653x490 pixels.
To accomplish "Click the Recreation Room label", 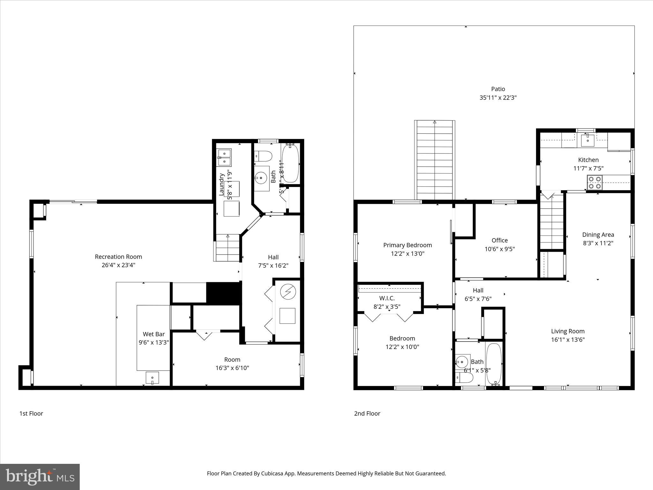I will (x=118, y=256).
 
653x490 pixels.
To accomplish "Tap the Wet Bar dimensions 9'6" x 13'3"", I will (x=154, y=343).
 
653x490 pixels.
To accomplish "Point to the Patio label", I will (x=498, y=89).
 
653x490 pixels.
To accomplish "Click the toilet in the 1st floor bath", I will (x=264, y=156).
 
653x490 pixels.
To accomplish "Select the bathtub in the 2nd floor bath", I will (x=494, y=364).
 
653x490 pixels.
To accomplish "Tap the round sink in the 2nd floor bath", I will (x=461, y=362).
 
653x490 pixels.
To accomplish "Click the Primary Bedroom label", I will (x=407, y=245).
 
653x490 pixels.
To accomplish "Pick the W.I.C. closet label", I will (x=387, y=298).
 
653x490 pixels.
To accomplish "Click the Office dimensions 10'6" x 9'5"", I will (x=499, y=249).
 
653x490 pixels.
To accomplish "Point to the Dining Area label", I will (x=598, y=234).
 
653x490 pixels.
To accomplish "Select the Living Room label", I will (x=568, y=331).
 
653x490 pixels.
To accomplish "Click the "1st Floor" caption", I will (x=31, y=413).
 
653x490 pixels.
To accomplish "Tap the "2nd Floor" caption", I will (x=367, y=413).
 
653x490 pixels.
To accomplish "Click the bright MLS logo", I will (x=40, y=477).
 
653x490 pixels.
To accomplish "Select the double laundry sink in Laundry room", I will (x=225, y=158).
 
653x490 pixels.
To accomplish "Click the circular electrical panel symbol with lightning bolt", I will (x=288, y=292).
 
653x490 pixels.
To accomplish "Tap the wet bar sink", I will (x=152, y=378).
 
